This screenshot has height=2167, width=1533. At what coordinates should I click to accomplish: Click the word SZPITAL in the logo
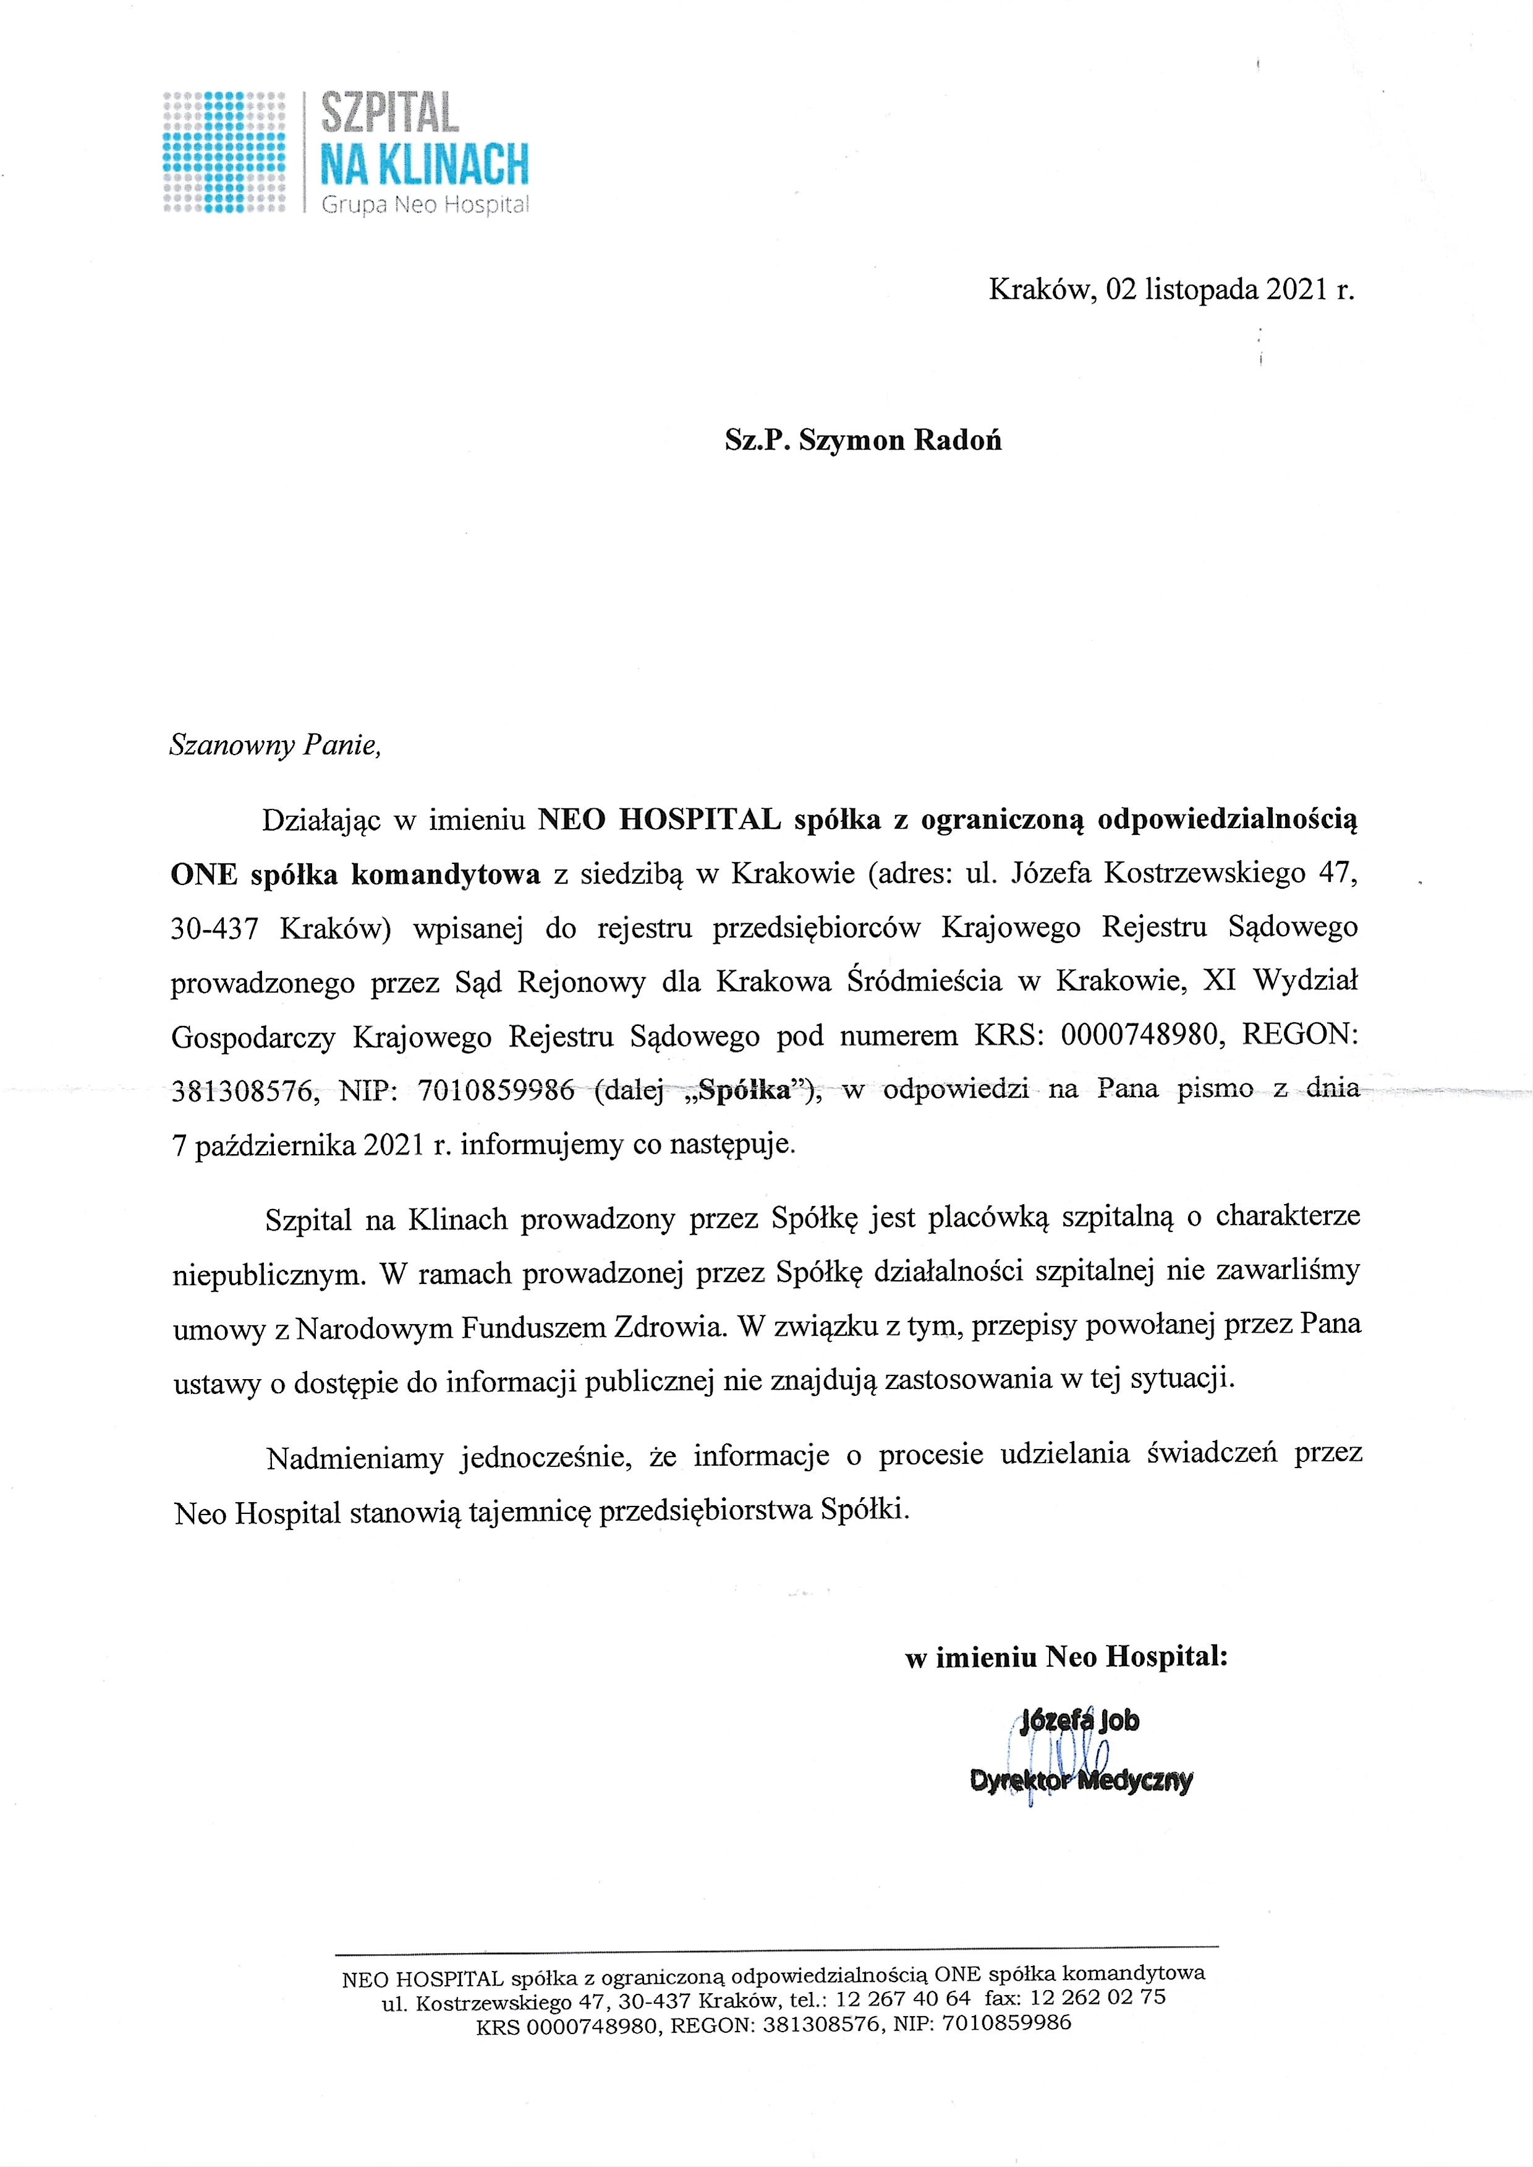(x=390, y=113)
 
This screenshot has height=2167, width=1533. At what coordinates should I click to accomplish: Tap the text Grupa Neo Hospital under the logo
(x=425, y=204)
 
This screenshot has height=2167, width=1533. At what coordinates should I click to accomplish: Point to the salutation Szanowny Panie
(x=274, y=746)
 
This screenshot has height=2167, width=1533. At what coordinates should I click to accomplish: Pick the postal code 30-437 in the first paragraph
(x=214, y=929)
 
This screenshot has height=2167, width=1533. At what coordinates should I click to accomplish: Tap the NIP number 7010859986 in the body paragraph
(x=496, y=1090)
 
